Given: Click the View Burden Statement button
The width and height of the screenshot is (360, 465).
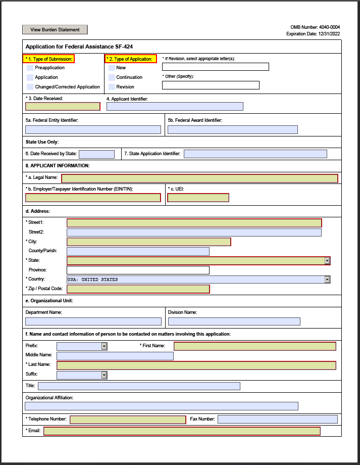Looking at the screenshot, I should tap(55, 30).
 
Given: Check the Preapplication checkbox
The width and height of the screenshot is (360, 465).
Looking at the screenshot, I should tap(30, 68).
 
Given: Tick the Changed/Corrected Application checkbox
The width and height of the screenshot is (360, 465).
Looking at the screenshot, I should tap(30, 87).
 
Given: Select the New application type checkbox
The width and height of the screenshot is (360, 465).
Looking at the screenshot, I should tap(112, 68).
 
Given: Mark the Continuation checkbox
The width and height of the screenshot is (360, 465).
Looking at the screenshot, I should tap(112, 77).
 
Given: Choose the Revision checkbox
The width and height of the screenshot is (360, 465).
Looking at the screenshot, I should tap(112, 87).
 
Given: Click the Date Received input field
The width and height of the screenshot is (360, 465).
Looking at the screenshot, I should tap(63, 107).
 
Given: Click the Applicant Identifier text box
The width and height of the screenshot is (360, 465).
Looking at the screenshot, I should tap(175, 107).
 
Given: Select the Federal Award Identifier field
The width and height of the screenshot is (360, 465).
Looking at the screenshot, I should tap(232, 130).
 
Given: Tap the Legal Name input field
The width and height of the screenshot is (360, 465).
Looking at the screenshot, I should tap(199, 178).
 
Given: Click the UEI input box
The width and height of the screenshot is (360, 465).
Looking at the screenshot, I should tap(198, 198).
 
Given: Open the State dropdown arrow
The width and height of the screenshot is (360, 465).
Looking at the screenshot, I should tap(327, 261).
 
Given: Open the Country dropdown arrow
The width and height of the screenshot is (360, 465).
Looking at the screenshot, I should tap(327, 280).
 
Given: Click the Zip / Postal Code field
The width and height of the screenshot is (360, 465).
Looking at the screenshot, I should tap(138, 289).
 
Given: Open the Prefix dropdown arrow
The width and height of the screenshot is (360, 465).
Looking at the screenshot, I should tap(104, 346).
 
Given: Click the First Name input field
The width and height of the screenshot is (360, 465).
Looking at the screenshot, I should tap(254, 346).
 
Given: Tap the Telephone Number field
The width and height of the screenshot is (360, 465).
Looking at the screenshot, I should tap(128, 420).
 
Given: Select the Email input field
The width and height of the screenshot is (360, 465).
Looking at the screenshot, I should tap(182, 431).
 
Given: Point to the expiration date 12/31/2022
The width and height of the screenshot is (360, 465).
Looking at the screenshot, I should tap(329, 34).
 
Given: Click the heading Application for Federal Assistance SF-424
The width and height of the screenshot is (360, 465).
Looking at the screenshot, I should tap(79, 46).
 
